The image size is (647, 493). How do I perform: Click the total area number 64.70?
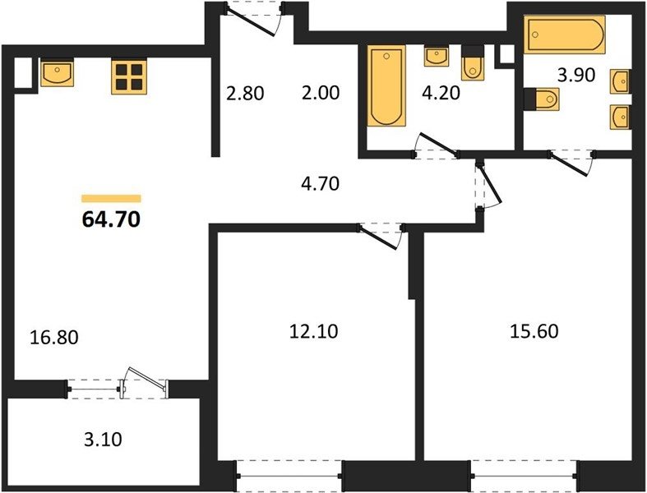(112, 219)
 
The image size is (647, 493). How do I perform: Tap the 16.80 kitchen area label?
(54, 337)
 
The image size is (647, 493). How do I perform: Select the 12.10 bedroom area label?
(313, 331)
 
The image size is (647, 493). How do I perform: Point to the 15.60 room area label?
(534, 331)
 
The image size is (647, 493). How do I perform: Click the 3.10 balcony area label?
(103, 440)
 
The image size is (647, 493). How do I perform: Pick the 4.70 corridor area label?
(321, 183)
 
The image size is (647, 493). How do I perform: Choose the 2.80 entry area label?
(245, 93)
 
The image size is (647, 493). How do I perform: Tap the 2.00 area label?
(321, 93)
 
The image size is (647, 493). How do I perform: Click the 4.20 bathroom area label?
(441, 93)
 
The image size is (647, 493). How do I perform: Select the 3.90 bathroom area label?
(576, 75)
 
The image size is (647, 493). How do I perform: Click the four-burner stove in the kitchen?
(129, 77)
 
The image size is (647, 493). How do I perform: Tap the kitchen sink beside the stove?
(57, 72)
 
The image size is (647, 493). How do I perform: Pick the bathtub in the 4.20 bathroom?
(386, 85)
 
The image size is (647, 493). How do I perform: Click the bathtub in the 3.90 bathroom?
(564, 35)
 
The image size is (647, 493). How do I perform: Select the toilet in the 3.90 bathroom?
(542, 99)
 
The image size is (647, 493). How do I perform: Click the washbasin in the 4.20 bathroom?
(437, 56)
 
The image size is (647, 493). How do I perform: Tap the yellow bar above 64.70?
(112, 199)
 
